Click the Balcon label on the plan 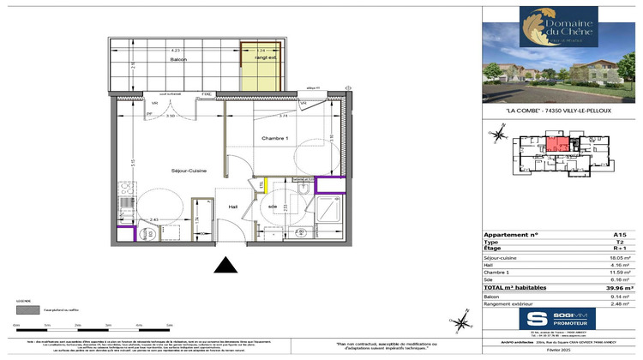point(178,59)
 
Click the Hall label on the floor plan point(233,207)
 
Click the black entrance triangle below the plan point(225,266)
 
